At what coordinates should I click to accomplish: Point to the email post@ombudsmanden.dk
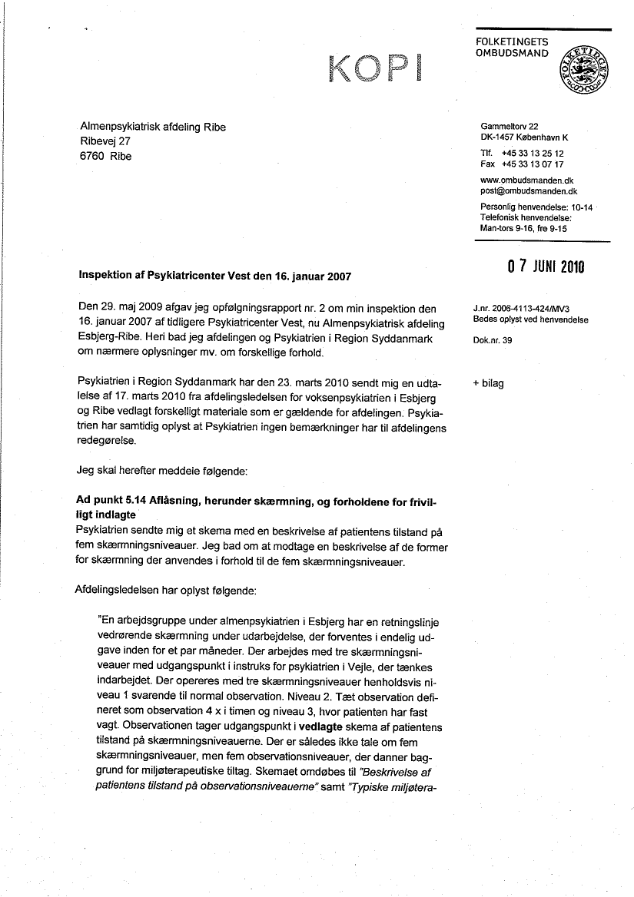coord(529,190)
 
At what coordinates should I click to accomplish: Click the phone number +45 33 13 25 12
coord(533,154)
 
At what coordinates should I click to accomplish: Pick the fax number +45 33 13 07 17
coord(533,164)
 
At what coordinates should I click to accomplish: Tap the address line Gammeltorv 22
coord(510,126)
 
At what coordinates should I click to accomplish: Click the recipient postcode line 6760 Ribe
coord(106,156)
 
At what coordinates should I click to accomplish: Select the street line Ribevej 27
coord(106,141)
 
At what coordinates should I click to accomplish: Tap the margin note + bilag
coord(488,383)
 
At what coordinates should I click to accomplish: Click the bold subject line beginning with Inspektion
coord(217,275)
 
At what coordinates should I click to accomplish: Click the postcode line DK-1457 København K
coord(524,137)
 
